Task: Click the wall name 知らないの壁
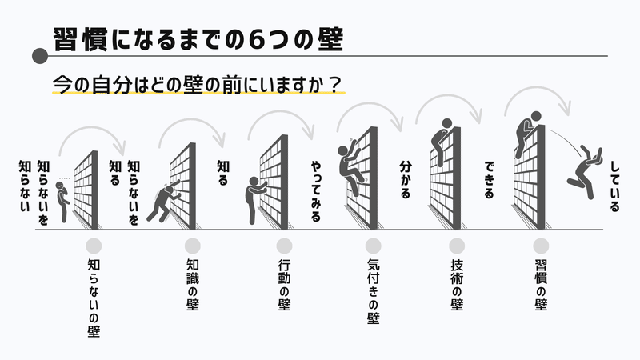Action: [94, 296]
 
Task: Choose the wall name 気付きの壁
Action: [373, 291]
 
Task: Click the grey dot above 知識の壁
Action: [192, 246]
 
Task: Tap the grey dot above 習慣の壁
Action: [541, 246]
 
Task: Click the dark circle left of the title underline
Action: [37, 56]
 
